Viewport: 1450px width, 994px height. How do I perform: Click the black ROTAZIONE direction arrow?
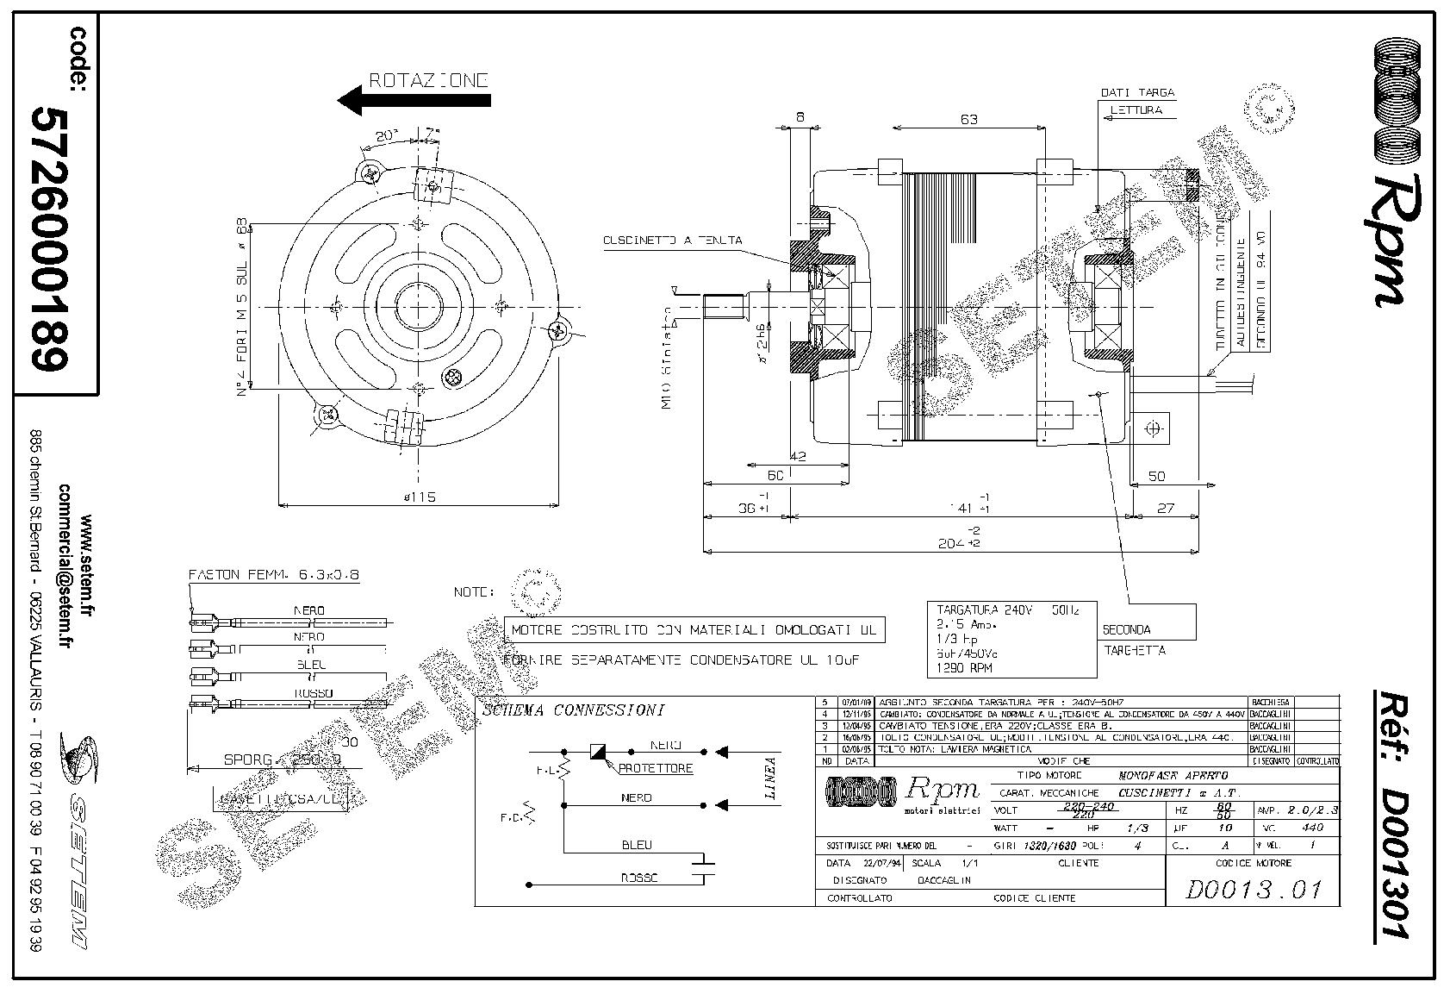tap(414, 100)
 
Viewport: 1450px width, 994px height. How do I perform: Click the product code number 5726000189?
tap(50, 239)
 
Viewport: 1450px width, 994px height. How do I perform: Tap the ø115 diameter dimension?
tap(420, 497)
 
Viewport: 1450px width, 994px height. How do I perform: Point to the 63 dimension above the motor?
tap(968, 119)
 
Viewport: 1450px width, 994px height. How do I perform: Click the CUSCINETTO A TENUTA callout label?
tap(672, 241)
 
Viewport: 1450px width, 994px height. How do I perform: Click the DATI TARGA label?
tap(1137, 92)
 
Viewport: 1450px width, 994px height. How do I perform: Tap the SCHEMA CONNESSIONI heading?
tap(573, 711)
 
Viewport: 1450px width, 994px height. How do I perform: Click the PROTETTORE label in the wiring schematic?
tap(655, 768)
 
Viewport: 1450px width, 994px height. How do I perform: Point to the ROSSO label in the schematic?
tap(638, 878)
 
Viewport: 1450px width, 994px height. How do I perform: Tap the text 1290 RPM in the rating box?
tap(964, 668)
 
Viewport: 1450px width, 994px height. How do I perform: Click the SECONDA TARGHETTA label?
tap(1135, 639)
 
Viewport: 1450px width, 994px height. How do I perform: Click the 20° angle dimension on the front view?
tap(387, 135)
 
